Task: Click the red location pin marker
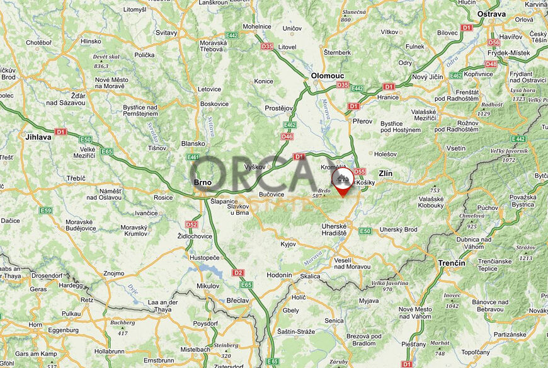[x=343, y=180]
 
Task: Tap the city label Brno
[x=203, y=183]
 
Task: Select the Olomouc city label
[x=326, y=76]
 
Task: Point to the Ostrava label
[x=492, y=13]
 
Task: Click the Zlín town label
[x=385, y=172]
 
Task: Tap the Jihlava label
[x=38, y=135]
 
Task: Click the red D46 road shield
[x=287, y=136]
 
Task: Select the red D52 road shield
[x=191, y=224]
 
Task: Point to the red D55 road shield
[x=360, y=171]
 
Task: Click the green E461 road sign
[x=193, y=157]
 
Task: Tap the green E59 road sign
[x=45, y=210]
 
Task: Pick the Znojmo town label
[x=113, y=273]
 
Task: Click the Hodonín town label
[x=280, y=275]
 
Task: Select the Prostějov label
[x=279, y=108]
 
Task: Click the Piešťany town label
[x=413, y=344]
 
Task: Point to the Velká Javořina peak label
[x=386, y=284]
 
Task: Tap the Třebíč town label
[x=76, y=178]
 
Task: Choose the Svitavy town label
[x=166, y=32]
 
